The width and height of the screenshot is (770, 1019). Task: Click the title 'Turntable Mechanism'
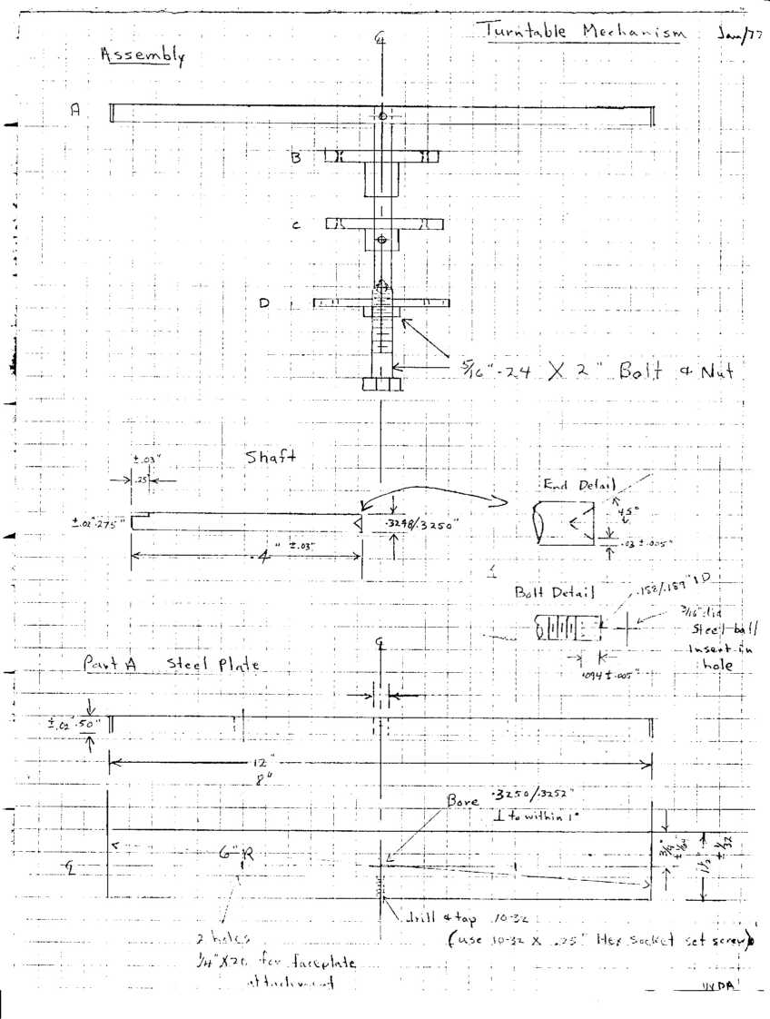[587, 30]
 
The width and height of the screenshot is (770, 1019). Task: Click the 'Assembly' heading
[143, 55]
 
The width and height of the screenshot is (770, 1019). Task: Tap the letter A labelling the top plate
[76, 109]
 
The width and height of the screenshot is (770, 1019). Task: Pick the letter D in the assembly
[264, 303]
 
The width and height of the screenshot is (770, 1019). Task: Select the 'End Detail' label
[578, 485]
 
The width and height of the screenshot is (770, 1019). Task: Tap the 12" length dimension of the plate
[258, 764]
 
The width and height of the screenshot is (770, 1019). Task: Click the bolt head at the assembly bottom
[381, 385]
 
